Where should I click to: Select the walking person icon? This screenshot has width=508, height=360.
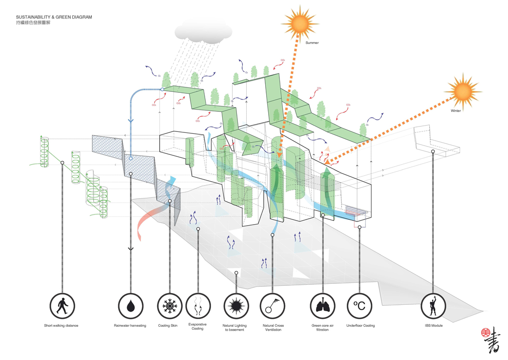coord(63,306)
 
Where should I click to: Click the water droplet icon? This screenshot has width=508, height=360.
coord(131,306)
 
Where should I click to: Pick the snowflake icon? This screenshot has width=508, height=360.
coord(169,306)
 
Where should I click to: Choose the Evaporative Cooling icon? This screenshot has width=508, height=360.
coord(198,306)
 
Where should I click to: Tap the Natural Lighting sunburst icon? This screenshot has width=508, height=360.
coord(236,306)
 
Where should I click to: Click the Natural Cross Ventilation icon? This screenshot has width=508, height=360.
coord(272,306)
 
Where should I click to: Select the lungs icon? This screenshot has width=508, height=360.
coord(323,306)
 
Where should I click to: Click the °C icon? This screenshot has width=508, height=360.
coord(360,306)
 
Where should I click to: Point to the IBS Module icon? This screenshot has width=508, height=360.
coord(433,306)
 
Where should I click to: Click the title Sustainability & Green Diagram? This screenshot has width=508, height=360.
coord(54,17)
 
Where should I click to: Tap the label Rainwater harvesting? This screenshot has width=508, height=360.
coord(130,326)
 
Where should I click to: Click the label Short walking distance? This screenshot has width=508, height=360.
coord(61,326)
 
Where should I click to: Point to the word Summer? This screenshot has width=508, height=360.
coord(312,43)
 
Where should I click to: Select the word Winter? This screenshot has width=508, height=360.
coord(456,111)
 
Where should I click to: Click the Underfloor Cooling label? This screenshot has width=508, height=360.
coord(360,326)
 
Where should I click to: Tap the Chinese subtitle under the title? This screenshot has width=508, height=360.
coord(32,23)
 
